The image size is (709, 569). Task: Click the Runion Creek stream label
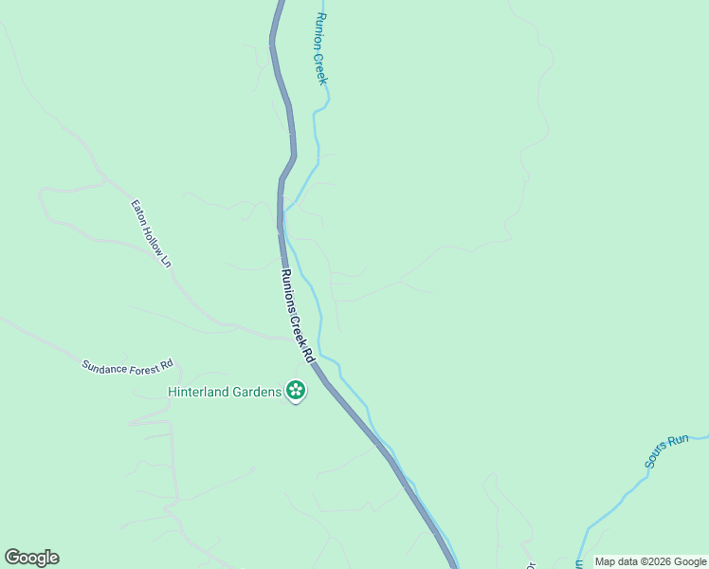[x=321, y=49]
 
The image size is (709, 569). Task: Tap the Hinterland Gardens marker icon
[x=296, y=390]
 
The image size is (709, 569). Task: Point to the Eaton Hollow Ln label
[x=152, y=232]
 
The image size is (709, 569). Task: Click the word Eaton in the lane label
[x=138, y=211]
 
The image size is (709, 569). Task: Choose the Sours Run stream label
[x=665, y=452]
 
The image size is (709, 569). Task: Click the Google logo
[x=31, y=558]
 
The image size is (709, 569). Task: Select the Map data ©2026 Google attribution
[x=650, y=561]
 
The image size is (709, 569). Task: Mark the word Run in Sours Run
[x=678, y=442]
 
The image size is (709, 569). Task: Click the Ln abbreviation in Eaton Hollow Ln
[x=167, y=259]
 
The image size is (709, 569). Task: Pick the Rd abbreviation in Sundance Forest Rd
[x=167, y=364]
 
